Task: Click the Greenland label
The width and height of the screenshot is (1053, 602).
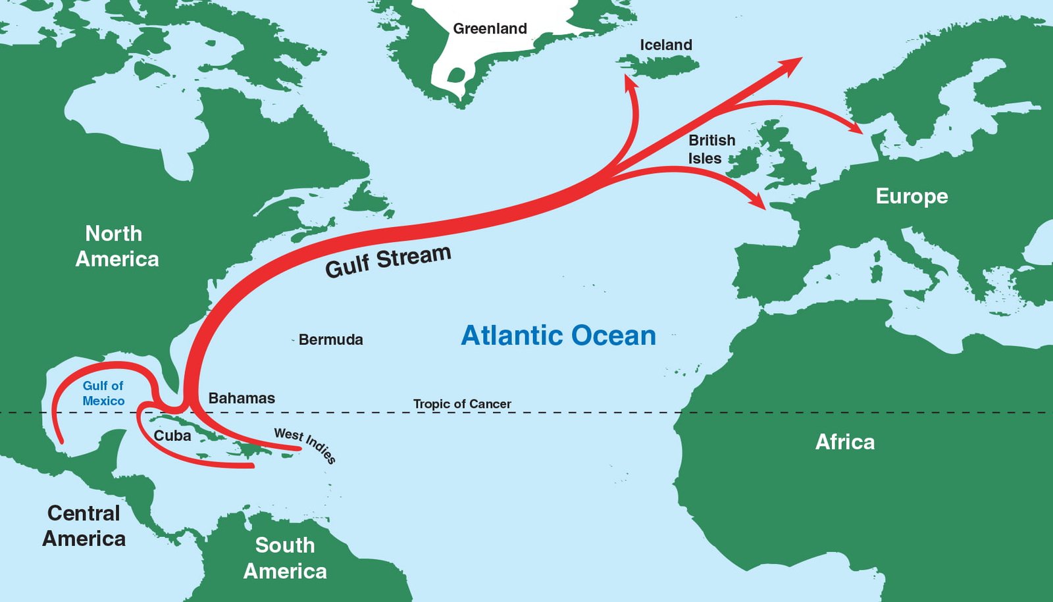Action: pos(490,28)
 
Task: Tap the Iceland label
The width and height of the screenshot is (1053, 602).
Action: pos(665,45)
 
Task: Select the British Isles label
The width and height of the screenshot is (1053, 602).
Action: pos(711,149)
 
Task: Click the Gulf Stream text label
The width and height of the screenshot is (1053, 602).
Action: pos(388,261)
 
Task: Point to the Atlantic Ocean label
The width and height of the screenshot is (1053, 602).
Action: pos(558,336)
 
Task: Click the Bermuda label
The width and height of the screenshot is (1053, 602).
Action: pos(330,339)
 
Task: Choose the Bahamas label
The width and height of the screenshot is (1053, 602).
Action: pos(242,398)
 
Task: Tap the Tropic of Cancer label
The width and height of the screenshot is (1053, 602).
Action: pos(462,403)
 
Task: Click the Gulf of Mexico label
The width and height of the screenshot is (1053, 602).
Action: pos(103,393)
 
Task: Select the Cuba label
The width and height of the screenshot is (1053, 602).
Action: pos(172,436)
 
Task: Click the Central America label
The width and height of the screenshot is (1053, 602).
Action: pos(84,526)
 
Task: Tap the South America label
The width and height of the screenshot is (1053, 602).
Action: pos(285,558)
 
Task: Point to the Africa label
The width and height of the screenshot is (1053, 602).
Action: pos(845,441)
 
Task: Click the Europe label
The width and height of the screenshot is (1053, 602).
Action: pos(912,196)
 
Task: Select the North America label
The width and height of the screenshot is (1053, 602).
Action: pos(116,246)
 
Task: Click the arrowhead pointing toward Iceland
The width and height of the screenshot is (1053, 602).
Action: pos(630,82)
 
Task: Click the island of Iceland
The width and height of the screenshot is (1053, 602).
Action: pos(658,64)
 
